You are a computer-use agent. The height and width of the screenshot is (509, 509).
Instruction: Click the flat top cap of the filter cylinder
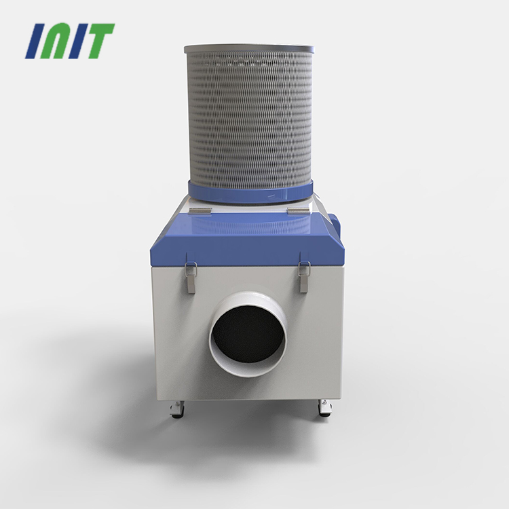tap(249, 49)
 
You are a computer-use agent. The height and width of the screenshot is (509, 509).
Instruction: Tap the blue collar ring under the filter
tap(250, 193)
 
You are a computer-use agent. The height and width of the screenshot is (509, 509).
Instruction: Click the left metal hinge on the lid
tap(200, 211)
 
